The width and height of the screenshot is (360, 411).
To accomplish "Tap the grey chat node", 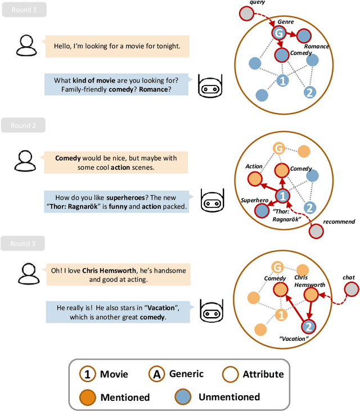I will point(352,289).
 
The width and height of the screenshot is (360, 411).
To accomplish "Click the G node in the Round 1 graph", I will point(277,34).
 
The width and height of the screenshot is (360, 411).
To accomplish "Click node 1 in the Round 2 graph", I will point(283,195).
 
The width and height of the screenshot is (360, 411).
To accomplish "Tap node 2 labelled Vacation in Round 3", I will point(308,326).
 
